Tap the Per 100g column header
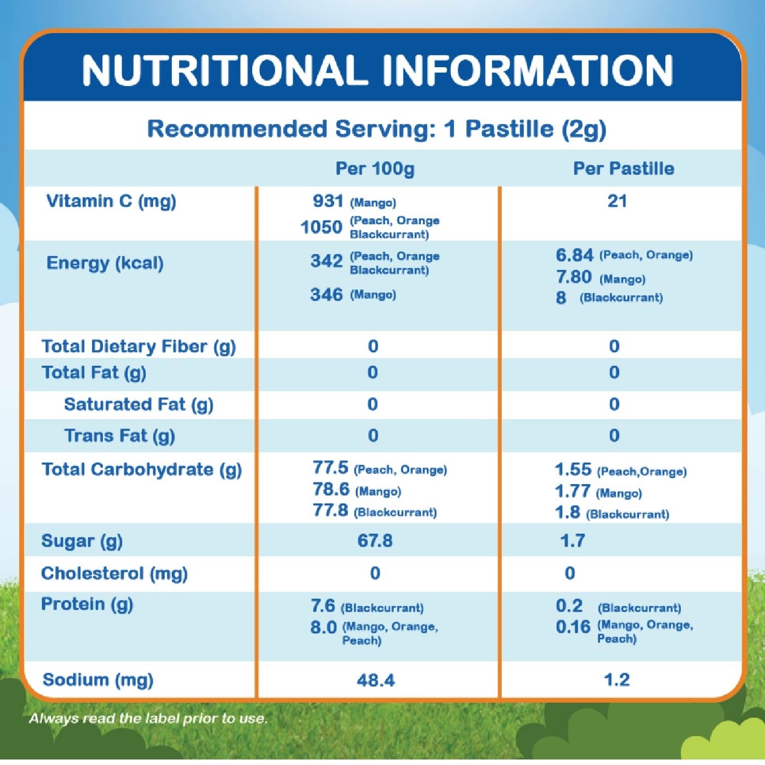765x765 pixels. [375, 168]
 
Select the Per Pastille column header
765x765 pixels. [623, 168]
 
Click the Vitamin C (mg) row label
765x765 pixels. [111, 201]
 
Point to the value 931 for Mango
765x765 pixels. [328, 201]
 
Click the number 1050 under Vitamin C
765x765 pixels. [321, 227]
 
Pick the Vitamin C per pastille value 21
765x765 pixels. [617, 201]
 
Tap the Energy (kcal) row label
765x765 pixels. [105, 263]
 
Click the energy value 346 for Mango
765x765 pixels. [327, 295]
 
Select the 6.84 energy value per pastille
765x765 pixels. [574, 255]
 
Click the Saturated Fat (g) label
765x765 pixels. [138, 404]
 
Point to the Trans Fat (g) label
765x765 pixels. [120, 436]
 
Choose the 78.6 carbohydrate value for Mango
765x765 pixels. [331, 489]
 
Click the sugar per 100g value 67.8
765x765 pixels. [375, 540]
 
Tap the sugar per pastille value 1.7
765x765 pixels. [572, 540]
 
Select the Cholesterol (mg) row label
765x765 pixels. [114, 573]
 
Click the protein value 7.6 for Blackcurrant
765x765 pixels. [323, 606]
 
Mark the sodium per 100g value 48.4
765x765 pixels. [376, 680]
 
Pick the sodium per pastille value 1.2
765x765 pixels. [616, 680]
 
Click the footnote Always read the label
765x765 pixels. [148, 718]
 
